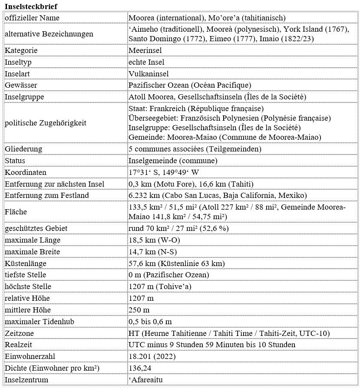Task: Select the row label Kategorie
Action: tap(21, 50)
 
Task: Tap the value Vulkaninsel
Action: tap(149, 74)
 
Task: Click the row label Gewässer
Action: tap(21, 85)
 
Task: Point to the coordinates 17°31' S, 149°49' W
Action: tap(164, 172)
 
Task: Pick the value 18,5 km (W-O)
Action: tap(155, 240)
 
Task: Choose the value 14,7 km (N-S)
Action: tap(154, 252)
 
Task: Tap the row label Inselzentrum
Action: tap(26, 380)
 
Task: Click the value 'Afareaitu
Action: tap(146, 380)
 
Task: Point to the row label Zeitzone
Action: tap(19, 333)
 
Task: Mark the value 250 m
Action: tap(139, 310)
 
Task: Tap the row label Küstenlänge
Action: tap(26, 263)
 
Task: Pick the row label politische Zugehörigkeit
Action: tap(46, 123)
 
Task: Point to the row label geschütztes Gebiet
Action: tap(36, 228)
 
